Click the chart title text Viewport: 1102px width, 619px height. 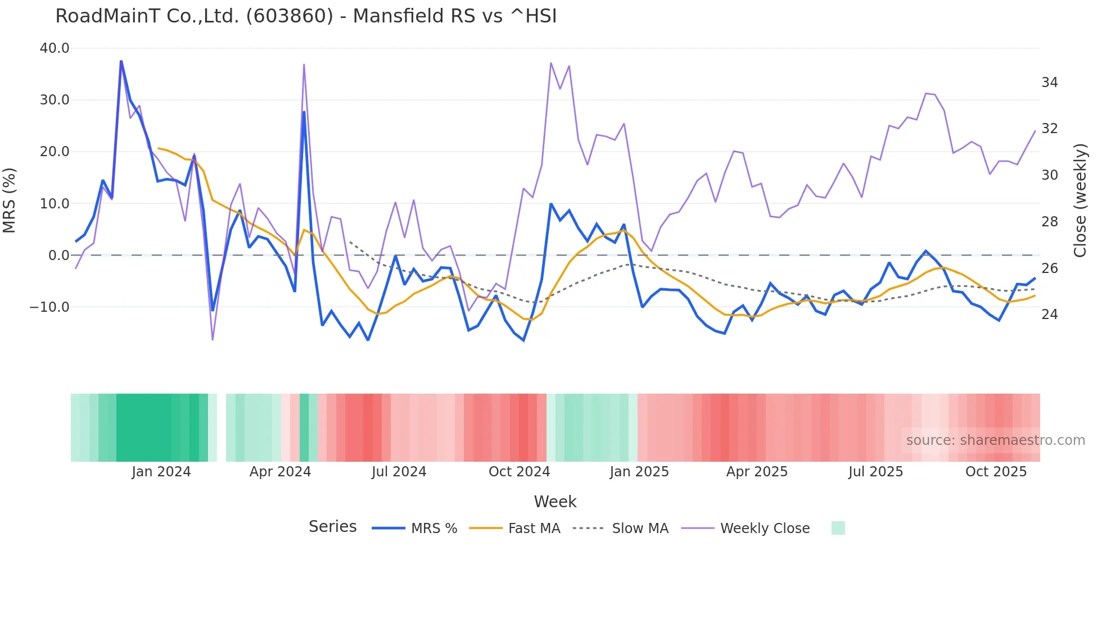click(306, 16)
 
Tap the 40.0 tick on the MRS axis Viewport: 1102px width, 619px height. click(55, 48)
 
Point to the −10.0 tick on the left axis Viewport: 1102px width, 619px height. click(49, 307)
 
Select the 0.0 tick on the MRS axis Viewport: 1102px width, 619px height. click(59, 256)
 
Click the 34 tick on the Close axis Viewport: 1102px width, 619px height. click(1049, 83)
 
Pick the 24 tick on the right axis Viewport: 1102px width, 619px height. click(1049, 315)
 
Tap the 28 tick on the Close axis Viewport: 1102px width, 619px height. click(1049, 222)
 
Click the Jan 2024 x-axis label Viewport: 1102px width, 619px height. click(161, 472)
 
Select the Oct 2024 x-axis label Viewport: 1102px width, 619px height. click(519, 472)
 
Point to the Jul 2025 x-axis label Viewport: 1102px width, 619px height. click(875, 472)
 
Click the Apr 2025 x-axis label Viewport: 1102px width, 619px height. click(757, 472)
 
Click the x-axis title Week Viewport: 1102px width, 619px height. click(555, 502)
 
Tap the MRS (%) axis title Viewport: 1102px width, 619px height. click(10, 201)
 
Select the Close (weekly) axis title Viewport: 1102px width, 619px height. click(1080, 201)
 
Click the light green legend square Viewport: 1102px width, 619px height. click(838, 528)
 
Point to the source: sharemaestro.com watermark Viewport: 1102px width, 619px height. click(995, 440)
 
